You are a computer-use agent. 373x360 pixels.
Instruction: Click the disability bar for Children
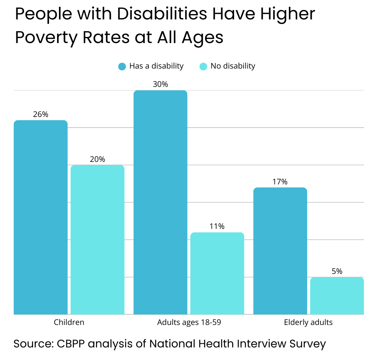(41, 217)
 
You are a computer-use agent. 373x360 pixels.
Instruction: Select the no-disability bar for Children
(97, 240)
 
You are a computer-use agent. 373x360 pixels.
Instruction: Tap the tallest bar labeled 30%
(160, 202)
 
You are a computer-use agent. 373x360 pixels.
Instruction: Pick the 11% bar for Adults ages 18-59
(217, 273)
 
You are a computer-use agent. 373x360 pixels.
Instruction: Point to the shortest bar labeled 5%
(337, 296)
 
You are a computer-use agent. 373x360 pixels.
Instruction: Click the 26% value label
(41, 114)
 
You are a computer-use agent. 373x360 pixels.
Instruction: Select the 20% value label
(97, 159)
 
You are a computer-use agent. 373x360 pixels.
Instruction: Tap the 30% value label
(160, 85)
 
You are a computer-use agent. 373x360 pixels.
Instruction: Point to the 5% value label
(337, 271)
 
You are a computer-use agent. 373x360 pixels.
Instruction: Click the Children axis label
(69, 322)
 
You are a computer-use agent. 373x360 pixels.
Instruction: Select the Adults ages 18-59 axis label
(189, 322)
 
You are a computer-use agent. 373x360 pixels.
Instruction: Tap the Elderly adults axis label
(308, 322)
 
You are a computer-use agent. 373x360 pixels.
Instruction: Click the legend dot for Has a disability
(122, 66)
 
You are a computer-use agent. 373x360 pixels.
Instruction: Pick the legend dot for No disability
(203, 66)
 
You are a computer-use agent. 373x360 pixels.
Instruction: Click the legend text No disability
(233, 66)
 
